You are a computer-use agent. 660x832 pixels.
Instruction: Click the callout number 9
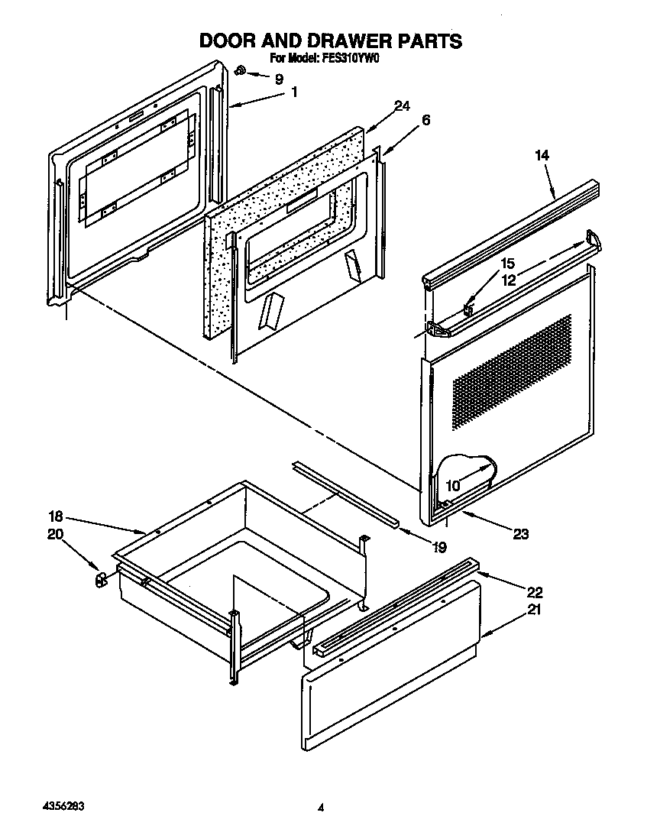pos(278,78)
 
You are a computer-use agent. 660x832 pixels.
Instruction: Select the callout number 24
pos(403,106)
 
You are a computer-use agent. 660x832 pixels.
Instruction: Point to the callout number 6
pos(425,120)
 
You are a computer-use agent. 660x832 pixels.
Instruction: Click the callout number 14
pos(542,155)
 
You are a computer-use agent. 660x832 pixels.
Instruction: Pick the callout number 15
pos(507,264)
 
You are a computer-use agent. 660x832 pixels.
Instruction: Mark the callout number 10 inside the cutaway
pos(453,485)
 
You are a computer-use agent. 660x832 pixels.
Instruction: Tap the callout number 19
pos(440,547)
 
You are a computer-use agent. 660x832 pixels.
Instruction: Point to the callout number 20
pos(56,534)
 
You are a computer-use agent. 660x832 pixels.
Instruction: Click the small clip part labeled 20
pos(99,581)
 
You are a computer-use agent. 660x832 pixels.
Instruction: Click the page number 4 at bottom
pos(322,808)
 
